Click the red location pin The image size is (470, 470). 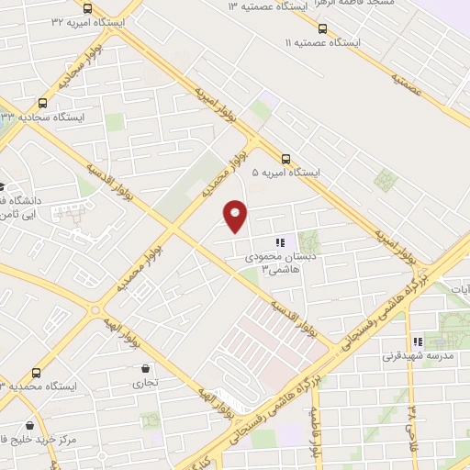[x=237, y=217]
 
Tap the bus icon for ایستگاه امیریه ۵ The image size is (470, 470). [x=287, y=157]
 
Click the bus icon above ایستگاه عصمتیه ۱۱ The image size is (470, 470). [x=322, y=28]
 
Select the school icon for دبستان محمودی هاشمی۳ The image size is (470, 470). [x=280, y=243]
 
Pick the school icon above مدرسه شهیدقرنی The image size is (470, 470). [x=419, y=341]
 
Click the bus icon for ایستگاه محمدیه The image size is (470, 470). [x=36, y=373]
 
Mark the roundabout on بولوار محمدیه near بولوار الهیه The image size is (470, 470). [x=95, y=310]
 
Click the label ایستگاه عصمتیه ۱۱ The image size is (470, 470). [x=322, y=43]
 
